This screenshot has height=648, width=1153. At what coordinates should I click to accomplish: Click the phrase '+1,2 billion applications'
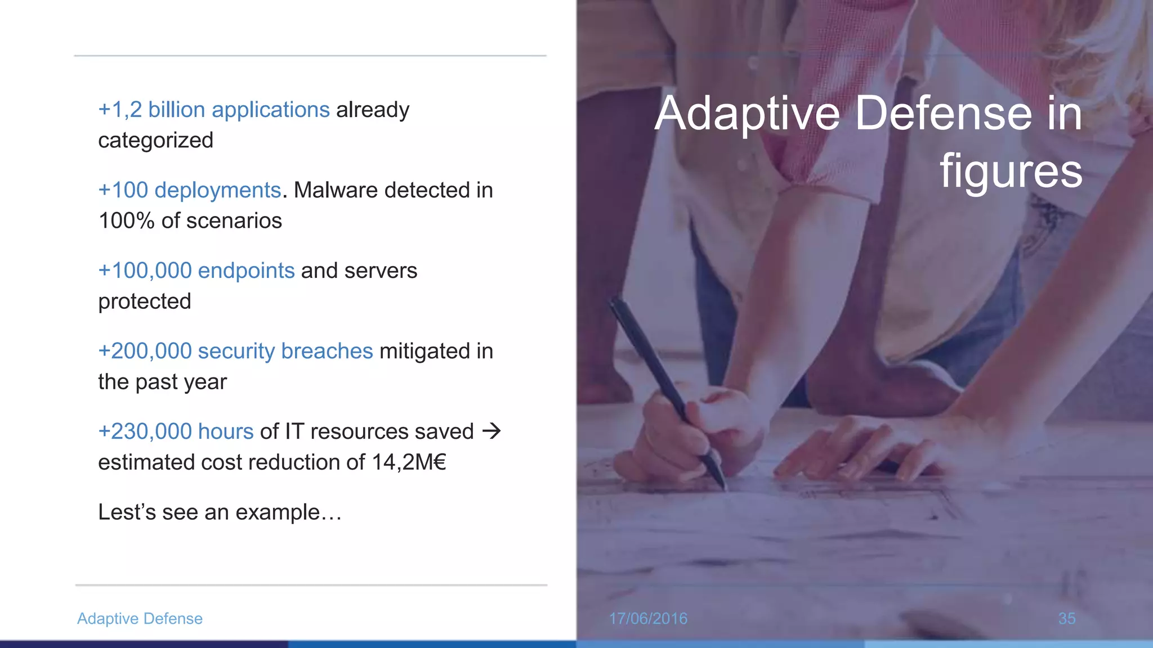pyautogui.click(x=214, y=110)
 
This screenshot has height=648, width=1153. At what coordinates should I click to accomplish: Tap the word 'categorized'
pyautogui.click(x=155, y=141)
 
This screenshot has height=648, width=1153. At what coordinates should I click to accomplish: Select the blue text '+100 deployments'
pyautogui.click(x=189, y=190)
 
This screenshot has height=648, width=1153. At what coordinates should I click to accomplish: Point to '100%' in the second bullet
pyautogui.click(x=126, y=221)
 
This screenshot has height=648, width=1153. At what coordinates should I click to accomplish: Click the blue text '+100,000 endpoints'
pyautogui.click(x=196, y=271)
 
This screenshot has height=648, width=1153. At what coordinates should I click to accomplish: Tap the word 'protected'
pyautogui.click(x=145, y=301)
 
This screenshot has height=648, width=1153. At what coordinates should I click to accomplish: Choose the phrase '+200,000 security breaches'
pyautogui.click(x=235, y=351)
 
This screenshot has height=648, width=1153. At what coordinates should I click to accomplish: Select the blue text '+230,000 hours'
pyautogui.click(x=176, y=431)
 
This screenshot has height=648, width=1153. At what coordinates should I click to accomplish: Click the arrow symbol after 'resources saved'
pyautogui.click(x=491, y=431)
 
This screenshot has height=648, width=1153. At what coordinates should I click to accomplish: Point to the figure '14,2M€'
pyautogui.click(x=409, y=462)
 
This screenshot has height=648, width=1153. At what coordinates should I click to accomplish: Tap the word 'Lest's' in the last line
pyautogui.click(x=127, y=512)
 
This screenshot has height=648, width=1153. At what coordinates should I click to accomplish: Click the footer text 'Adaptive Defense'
pyautogui.click(x=140, y=618)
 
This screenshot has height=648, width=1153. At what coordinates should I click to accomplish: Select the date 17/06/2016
pyautogui.click(x=648, y=618)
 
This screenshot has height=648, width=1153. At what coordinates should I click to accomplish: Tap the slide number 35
pyautogui.click(x=1066, y=618)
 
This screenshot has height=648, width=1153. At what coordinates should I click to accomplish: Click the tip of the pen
pyautogui.click(x=723, y=487)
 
